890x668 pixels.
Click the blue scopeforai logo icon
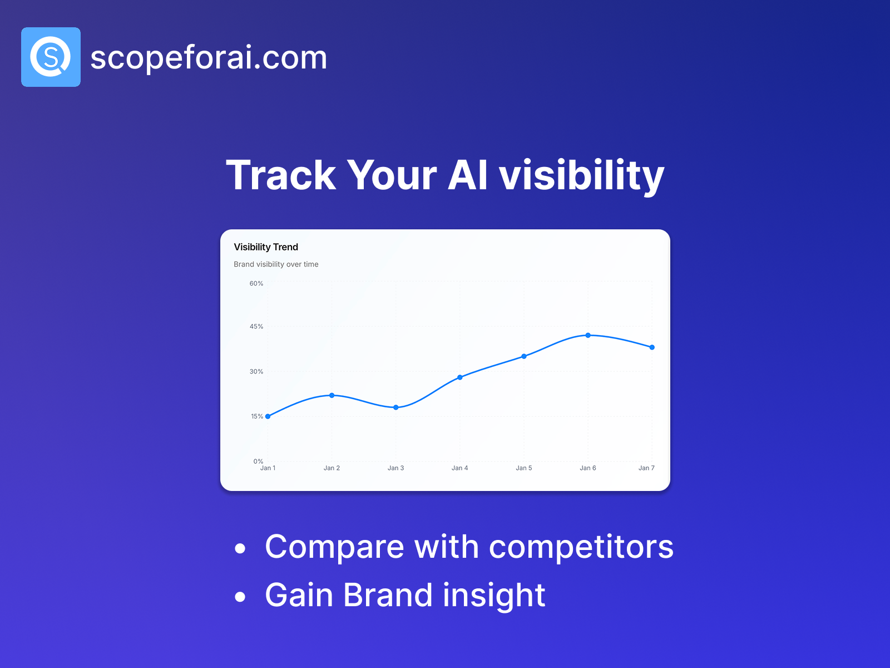tap(51, 57)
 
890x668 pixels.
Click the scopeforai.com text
tap(209, 57)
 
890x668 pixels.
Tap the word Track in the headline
tap(281, 175)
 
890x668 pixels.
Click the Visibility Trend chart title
tap(266, 247)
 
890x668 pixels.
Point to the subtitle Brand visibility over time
tap(276, 264)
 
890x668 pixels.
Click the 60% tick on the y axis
tap(256, 283)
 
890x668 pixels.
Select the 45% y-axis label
tap(256, 327)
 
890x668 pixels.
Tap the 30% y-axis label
tap(256, 371)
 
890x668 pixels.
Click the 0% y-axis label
tap(258, 461)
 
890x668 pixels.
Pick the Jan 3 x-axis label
tap(395, 468)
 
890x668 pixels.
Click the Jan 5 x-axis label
tap(524, 468)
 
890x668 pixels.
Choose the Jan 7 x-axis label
tap(646, 468)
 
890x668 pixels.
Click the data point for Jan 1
tap(268, 416)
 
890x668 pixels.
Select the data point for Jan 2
tap(332, 395)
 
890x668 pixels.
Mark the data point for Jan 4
tap(460, 377)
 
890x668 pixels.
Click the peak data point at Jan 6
tap(588, 336)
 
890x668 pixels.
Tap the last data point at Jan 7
tap(652, 347)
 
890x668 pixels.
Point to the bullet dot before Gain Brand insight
tap(240, 597)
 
